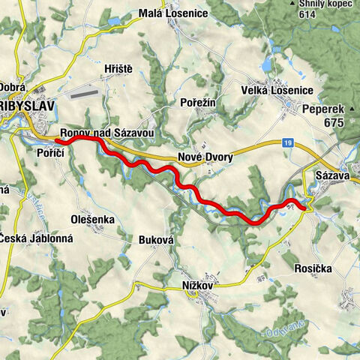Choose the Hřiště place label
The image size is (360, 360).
click(x=118, y=69)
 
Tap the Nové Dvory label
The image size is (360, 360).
click(x=205, y=157)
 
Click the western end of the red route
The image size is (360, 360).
click(x=58, y=139)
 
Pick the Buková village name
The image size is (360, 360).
click(x=157, y=240)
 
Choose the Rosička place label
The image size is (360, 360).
click(x=313, y=268)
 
